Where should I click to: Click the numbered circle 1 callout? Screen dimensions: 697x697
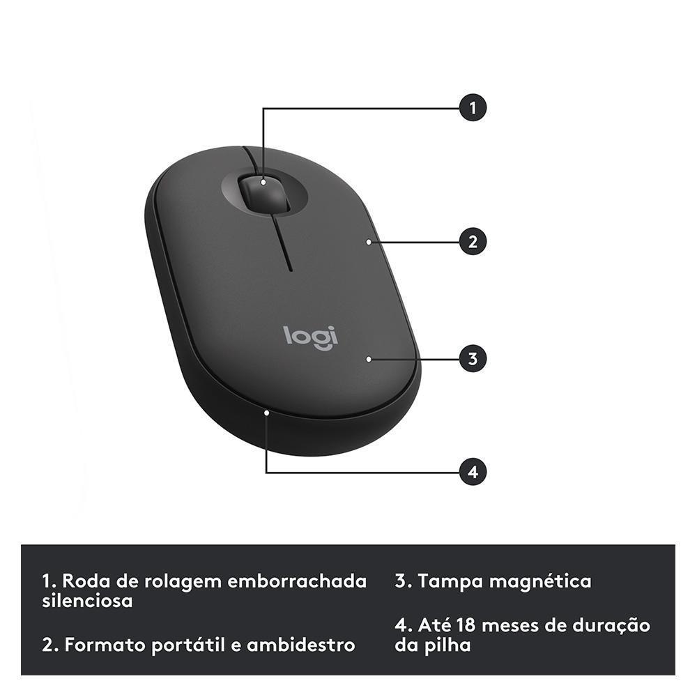click(x=473, y=108)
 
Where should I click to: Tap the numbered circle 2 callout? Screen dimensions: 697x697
click(x=473, y=242)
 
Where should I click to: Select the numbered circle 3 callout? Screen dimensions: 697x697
click(x=473, y=359)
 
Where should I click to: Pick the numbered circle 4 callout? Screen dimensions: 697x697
click(x=473, y=472)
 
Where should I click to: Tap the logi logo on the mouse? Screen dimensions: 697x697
click(x=311, y=336)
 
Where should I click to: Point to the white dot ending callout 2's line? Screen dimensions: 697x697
click(x=367, y=242)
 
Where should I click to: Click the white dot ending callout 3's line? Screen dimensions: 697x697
click(x=367, y=359)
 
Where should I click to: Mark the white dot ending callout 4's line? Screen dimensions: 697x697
click(x=267, y=413)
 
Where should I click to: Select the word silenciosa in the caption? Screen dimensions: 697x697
click(x=87, y=601)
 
